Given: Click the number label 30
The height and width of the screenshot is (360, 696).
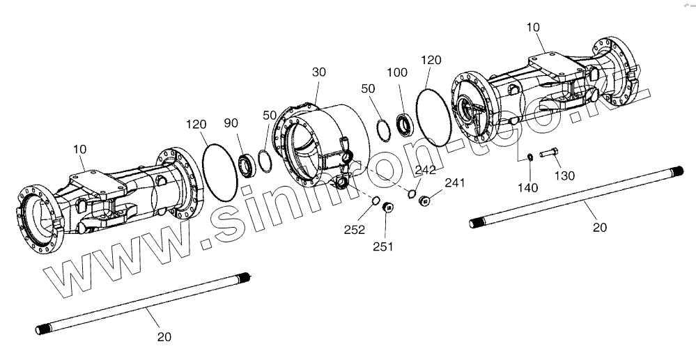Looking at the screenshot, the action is pyautogui.click(x=318, y=72).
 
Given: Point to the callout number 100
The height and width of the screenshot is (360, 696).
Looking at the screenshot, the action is pyautogui.click(x=398, y=72).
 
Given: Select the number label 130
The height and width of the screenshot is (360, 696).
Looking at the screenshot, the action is pyautogui.click(x=564, y=175).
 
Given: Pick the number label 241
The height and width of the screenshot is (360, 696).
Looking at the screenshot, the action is pyautogui.click(x=454, y=184).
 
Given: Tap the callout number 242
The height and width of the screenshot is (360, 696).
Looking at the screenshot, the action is pyautogui.click(x=425, y=171).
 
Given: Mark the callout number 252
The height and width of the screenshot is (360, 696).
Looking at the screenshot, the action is pyautogui.click(x=355, y=230).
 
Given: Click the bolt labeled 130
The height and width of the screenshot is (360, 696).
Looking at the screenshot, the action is pyautogui.click(x=548, y=154).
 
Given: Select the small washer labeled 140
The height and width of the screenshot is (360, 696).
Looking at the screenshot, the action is pyautogui.click(x=529, y=157).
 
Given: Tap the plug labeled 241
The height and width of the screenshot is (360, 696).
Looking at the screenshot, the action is pyautogui.click(x=424, y=201).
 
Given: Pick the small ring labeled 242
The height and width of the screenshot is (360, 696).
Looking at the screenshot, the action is pyautogui.click(x=412, y=194).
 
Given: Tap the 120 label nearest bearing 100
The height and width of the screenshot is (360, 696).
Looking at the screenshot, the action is pyautogui.click(x=431, y=61).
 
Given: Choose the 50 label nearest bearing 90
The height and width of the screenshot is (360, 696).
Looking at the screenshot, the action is pyautogui.click(x=269, y=114).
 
